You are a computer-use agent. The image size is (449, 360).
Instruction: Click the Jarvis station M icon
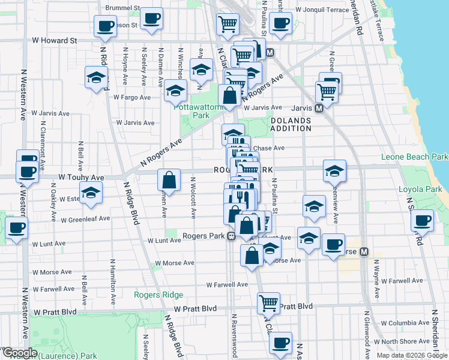pyautogui.click(x=319, y=108)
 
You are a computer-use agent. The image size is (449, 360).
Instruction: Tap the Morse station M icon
pyautogui.click(x=363, y=253)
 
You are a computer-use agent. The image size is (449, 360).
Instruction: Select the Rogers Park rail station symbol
pyautogui.click(x=231, y=236)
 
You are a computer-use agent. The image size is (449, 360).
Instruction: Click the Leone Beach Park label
pyautogui.click(x=414, y=157)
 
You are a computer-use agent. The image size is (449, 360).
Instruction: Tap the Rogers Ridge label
pyautogui.click(x=158, y=295)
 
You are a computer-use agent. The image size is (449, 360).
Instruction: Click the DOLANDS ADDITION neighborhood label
pyautogui.click(x=291, y=124)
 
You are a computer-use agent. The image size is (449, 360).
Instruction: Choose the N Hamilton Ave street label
pyautogui.click(x=113, y=279)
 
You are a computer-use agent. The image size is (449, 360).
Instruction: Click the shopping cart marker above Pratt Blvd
pyautogui.click(x=269, y=302)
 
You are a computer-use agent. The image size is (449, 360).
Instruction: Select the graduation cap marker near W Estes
pyautogui.click(x=91, y=192)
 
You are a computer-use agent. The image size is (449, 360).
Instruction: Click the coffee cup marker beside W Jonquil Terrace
pyautogui.click(x=280, y=23)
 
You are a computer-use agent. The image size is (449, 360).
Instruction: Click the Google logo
pyautogui.click(x=20, y=353)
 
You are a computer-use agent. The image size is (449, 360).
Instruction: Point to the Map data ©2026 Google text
pyautogui.click(x=412, y=355)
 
